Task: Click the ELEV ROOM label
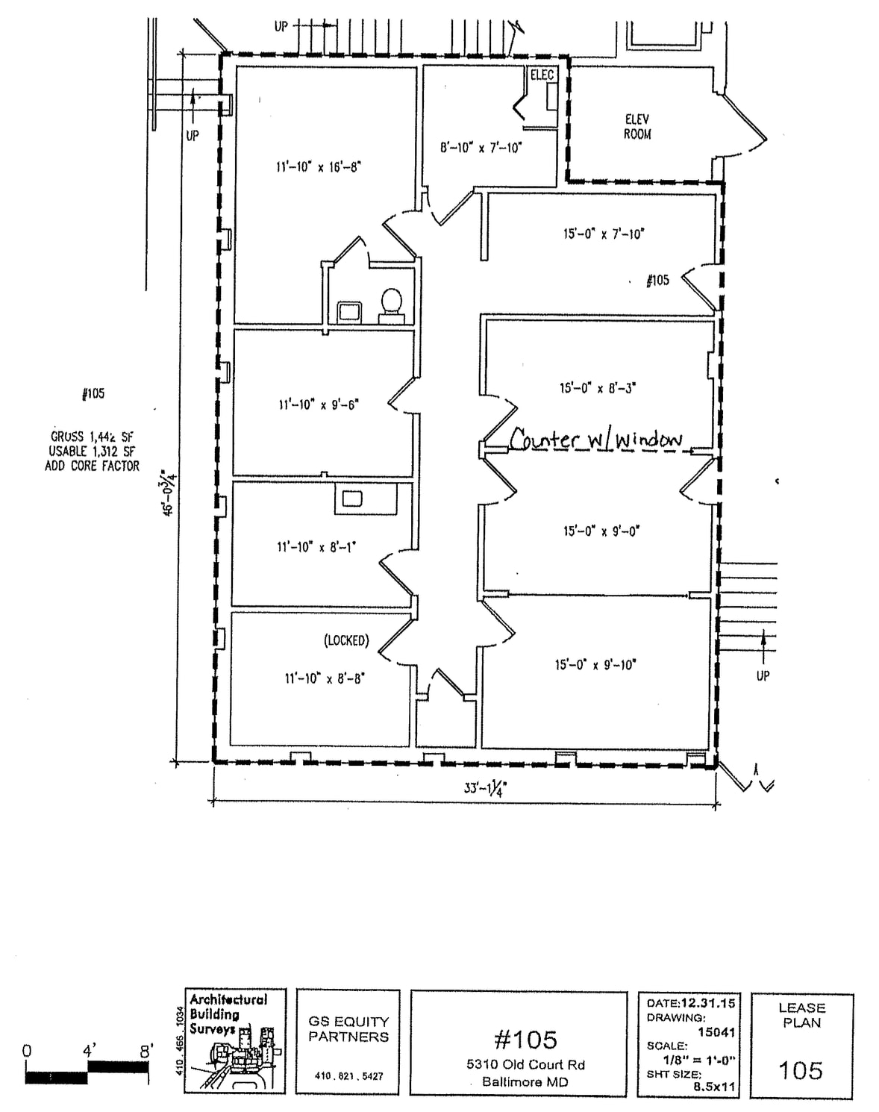[637, 127]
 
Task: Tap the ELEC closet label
[542, 75]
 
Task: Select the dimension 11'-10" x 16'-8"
[319, 166]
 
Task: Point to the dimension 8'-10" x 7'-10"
[481, 147]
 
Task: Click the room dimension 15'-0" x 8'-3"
[598, 388]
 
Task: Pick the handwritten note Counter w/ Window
[596, 440]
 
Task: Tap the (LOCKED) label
[346, 640]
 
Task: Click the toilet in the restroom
[392, 304]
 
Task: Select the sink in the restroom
[349, 310]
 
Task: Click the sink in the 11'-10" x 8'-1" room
[351, 499]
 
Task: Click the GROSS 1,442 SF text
[92, 437]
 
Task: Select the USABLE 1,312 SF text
[92, 451]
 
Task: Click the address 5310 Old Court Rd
[525, 1064]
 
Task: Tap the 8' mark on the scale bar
[146, 1052]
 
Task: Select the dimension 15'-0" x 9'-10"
[595, 664]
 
